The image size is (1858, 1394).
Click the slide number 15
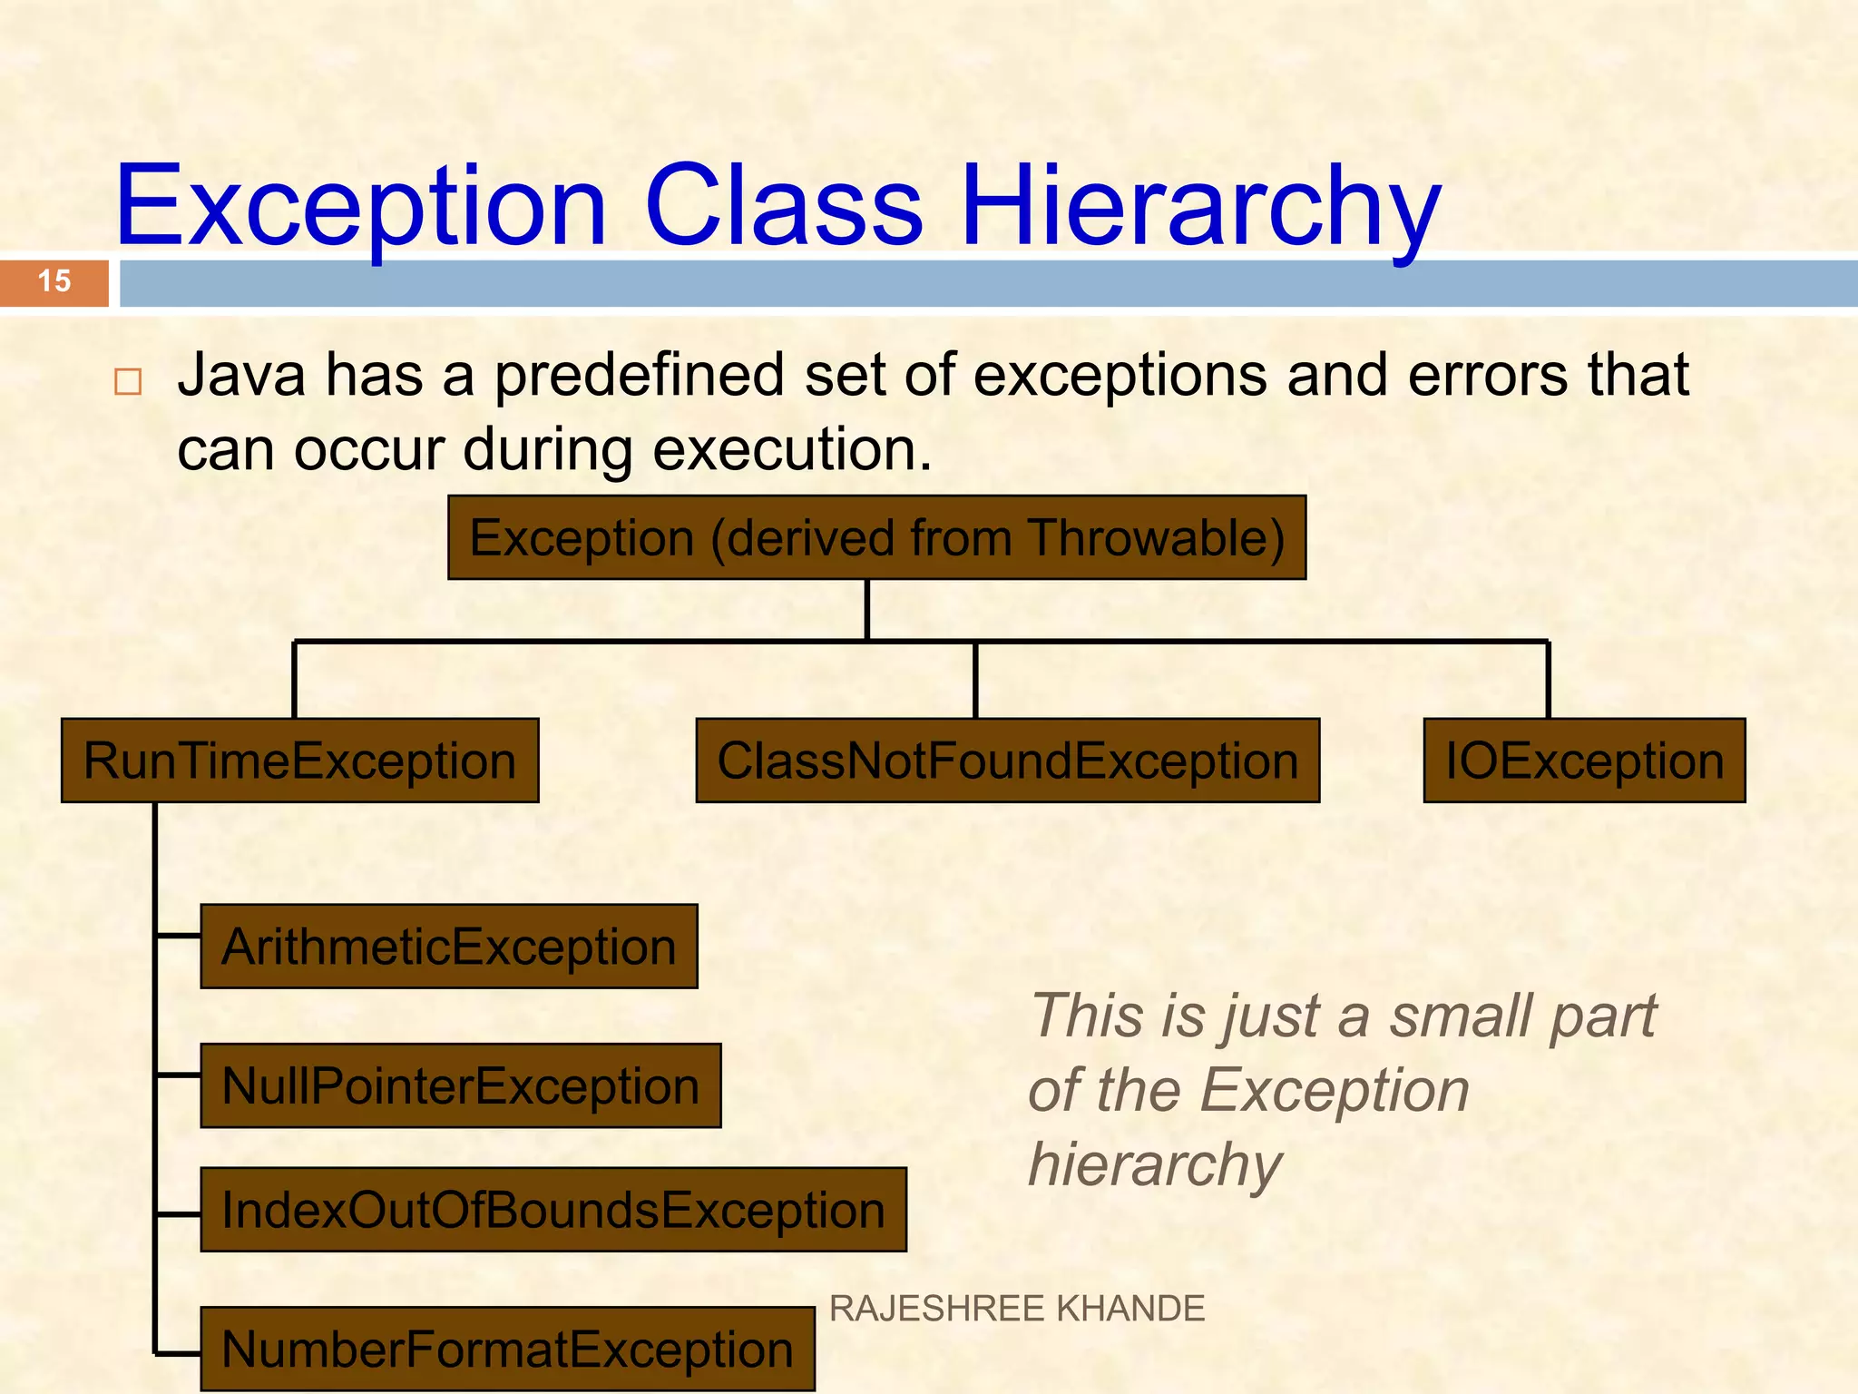pos(54,281)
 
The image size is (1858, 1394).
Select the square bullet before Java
pos(128,381)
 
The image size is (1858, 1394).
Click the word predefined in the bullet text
pos(639,375)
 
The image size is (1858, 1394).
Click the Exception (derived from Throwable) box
pos(876,537)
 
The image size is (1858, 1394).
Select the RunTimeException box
pos(299,761)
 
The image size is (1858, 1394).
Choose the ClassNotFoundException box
pos(1007,761)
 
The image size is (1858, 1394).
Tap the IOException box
pos(1584,761)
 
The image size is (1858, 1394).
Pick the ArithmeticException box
pos(449,947)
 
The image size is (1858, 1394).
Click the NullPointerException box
pos(461,1085)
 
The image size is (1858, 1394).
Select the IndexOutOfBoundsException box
pos(553,1210)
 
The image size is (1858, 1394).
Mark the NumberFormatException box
pos(507,1349)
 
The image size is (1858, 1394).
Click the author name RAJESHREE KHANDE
pos(1016,1309)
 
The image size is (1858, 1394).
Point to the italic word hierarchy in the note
pos(1155,1164)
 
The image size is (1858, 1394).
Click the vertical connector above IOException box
pos(1548,681)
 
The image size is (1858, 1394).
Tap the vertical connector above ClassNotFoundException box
pos(975,681)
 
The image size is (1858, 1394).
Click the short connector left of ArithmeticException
pos(179,935)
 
